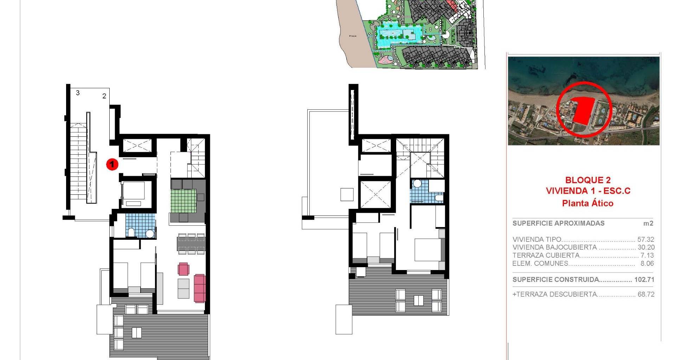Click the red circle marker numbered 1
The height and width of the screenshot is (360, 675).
click(112, 164)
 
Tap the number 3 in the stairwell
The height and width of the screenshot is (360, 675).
click(78, 93)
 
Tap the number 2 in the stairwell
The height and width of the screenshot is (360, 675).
click(104, 96)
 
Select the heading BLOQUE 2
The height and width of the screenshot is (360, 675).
click(588, 180)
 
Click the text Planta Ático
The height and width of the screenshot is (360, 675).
click(588, 203)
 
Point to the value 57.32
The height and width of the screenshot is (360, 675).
click(646, 239)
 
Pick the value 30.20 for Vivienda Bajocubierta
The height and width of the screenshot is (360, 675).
click(646, 247)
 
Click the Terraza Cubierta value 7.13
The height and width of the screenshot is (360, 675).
click(647, 256)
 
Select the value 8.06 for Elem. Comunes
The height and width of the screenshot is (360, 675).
click(647, 264)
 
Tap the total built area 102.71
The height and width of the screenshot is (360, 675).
click(644, 280)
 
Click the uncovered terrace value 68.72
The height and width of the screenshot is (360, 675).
click(646, 295)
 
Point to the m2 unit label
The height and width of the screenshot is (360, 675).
click(648, 223)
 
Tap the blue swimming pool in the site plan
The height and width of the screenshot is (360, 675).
click(398, 35)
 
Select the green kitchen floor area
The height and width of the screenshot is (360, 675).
click(184, 201)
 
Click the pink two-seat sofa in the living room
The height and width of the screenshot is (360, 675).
click(200, 288)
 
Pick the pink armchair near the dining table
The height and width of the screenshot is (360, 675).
click(184, 269)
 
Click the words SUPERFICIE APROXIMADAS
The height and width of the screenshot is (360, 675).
click(559, 223)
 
